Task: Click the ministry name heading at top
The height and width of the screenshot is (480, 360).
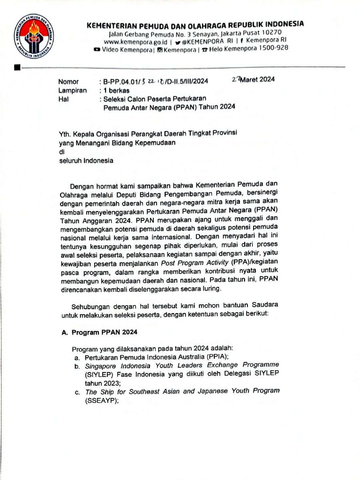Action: pos(195,24)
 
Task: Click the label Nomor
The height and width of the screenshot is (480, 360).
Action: pos(68,82)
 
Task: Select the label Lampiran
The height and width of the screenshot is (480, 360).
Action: pos(72,90)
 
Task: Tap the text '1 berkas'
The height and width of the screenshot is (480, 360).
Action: pos(117,90)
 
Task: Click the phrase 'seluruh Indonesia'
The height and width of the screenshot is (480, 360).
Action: pos(85,160)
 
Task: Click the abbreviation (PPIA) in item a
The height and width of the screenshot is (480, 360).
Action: pos(227,357)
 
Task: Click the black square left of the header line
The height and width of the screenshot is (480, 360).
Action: pos(17,68)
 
